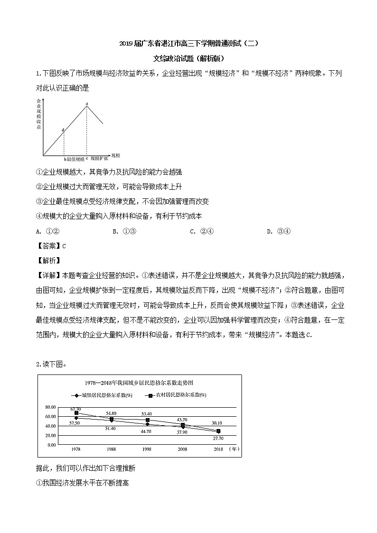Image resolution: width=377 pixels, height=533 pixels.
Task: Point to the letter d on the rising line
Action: tap(63, 130)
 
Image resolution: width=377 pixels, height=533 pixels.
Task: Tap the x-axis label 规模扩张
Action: tap(99, 159)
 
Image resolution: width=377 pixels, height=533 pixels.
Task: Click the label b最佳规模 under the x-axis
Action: tap(74, 159)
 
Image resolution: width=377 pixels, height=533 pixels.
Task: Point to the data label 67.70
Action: tap(75, 409)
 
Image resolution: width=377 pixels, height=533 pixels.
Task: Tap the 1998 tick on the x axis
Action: tap(147, 449)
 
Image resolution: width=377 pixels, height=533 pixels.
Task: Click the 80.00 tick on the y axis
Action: tap(50, 407)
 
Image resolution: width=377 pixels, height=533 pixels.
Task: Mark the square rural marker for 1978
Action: tap(76, 413)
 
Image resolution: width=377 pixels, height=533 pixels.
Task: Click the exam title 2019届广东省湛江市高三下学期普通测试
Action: tap(188, 44)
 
